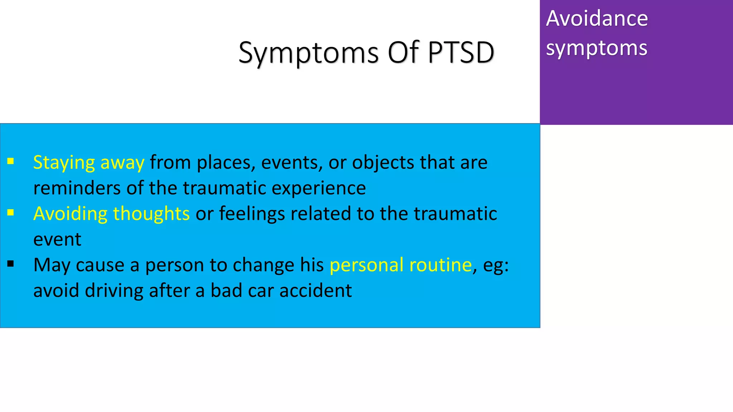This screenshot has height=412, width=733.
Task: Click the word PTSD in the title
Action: click(x=461, y=53)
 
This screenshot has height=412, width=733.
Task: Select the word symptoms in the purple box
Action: click(x=596, y=48)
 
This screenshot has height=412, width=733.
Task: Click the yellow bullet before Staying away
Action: click(x=11, y=161)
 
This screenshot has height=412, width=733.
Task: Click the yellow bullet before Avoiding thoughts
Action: click(x=11, y=213)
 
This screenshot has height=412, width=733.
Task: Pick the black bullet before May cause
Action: click(x=11, y=264)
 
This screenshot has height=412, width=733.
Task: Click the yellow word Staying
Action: click(x=64, y=163)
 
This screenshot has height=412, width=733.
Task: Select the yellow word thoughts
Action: click(x=151, y=214)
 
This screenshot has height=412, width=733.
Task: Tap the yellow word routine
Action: click(x=440, y=265)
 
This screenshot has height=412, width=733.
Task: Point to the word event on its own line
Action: click(x=57, y=240)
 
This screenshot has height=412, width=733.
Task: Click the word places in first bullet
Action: click(x=226, y=163)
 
